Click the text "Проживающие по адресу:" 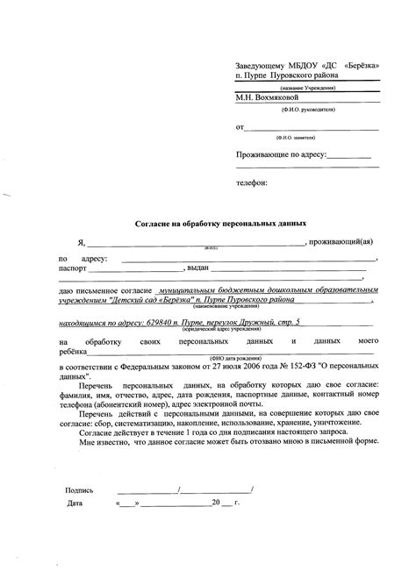pos(281,154)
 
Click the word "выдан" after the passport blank pos(197,268)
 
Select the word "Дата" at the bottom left pos(76,505)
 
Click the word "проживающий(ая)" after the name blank pos(346,241)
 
